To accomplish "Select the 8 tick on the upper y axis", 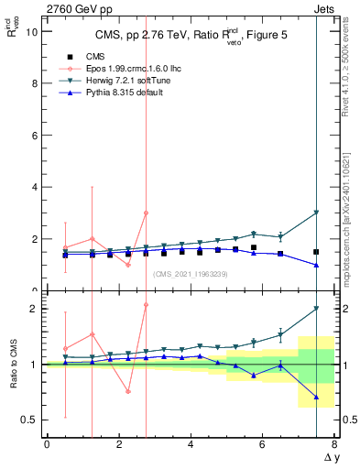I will (34, 83).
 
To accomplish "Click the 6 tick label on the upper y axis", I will (34, 135).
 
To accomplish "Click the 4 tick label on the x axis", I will (191, 444).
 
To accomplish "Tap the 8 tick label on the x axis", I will (334, 444).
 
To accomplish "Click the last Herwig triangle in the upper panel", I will (316, 213).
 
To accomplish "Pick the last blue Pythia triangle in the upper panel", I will (316, 265).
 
